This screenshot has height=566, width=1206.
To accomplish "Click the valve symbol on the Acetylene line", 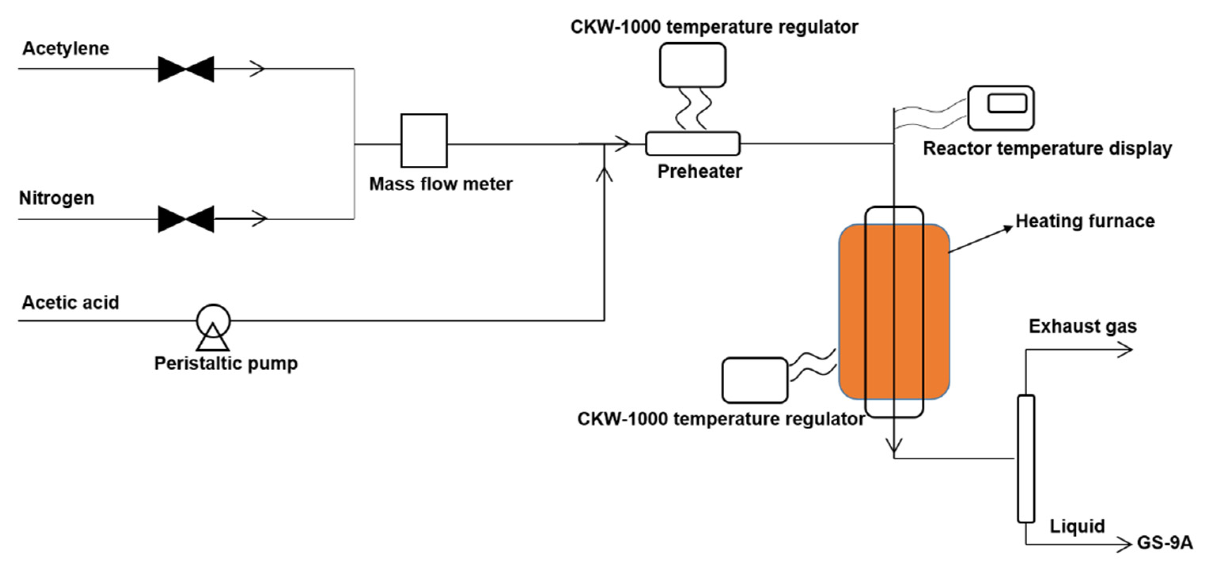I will pyautogui.click(x=186, y=69).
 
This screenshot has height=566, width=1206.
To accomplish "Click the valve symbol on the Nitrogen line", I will pyautogui.click(x=186, y=219).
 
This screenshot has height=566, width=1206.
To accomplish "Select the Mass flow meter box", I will pyautogui.click(x=424, y=140).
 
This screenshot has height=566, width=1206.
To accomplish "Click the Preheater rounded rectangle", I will pyautogui.click(x=693, y=144).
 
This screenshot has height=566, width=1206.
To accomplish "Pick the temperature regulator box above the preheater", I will pyautogui.click(x=693, y=65).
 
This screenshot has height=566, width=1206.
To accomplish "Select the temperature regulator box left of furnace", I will pyautogui.click(x=755, y=380).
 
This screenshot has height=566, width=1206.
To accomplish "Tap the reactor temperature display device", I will pyautogui.click(x=1000, y=108).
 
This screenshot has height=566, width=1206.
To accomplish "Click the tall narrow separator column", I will pyautogui.click(x=1026, y=458).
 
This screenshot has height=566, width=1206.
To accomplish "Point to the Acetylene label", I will pyautogui.click(x=66, y=49).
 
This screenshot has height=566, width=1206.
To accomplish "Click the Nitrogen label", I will pyautogui.click(x=57, y=198).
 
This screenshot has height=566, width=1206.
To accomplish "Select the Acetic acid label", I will pyautogui.click(x=70, y=303).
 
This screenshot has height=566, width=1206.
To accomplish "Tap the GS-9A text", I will pyautogui.click(x=1164, y=543).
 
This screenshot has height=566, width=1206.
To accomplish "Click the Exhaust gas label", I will pyautogui.click(x=1083, y=326).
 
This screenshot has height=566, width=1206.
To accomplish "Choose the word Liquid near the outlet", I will pyautogui.click(x=1077, y=526).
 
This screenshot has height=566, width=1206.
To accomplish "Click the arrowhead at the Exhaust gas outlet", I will pyautogui.click(x=1126, y=350).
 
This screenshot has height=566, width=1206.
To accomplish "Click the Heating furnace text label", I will pyautogui.click(x=1085, y=221).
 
